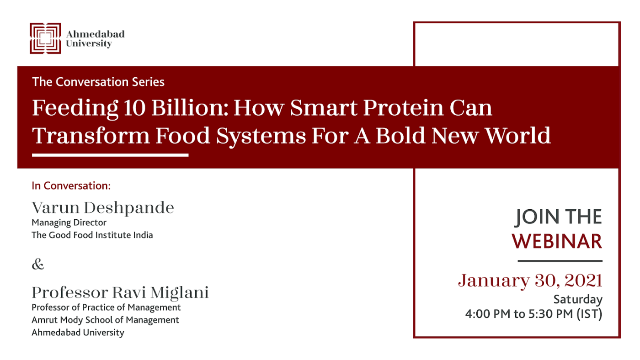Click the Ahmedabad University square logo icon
click(x=45, y=38)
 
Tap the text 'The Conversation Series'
click(x=98, y=82)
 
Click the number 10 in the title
click(x=134, y=108)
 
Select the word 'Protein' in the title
click(x=403, y=108)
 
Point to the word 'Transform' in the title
click(x=91, y=136)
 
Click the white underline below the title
click(x=110, y=155)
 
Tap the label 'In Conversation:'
click(x=71, y=186)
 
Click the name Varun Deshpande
click(x=103, y=207)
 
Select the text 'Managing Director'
click(x=69, y=222)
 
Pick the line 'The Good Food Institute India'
click(x=92, y=235)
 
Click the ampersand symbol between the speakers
click(x=38, y=264)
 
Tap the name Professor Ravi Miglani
click(x=120, y=292)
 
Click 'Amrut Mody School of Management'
click(x=106, y=320)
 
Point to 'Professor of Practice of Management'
click(x=106, y=307)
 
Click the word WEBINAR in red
click(x=557, y=242)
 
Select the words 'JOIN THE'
click(x=558, y=217)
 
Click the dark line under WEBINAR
click(x=560, y=261)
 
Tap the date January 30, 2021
click(x=530, y=281)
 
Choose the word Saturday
click(x=578, y=300)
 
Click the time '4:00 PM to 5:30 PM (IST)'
click(x=534, y=314)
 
